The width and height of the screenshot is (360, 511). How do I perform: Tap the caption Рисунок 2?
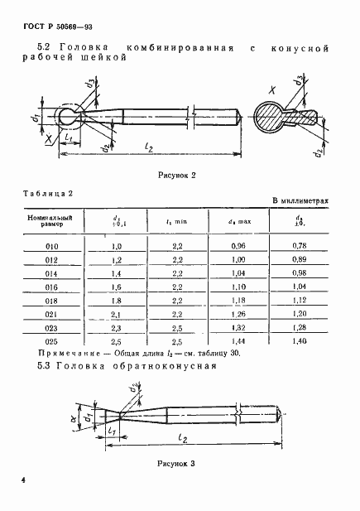[x=178, y=176]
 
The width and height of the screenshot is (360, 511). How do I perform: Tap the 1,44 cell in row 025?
[x=238, y=340]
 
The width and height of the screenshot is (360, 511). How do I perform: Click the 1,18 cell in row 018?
[x=238, y=301]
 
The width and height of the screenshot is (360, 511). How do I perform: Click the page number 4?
[x=25, y=480]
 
